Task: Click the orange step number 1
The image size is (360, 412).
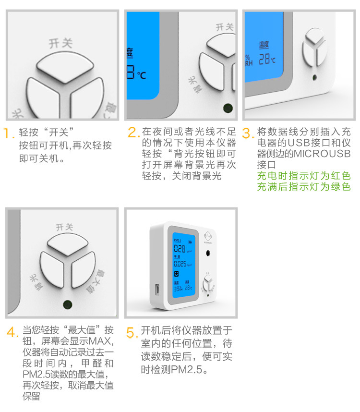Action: click(8, 133)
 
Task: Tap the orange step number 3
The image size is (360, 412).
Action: click(247, 133)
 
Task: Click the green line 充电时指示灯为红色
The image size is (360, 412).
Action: click(304, 176)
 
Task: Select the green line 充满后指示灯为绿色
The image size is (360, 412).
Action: click(304, 187)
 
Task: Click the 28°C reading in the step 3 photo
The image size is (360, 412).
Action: click(267, 60)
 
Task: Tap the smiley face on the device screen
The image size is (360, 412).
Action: click(176, 274)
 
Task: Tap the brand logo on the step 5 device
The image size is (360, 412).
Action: click(207, 236)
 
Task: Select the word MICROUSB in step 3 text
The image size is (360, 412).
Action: click(322, 154)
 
